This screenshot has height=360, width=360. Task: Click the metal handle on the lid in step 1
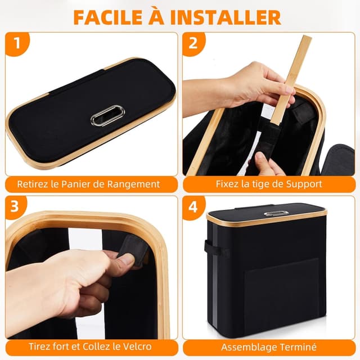coord(108,115)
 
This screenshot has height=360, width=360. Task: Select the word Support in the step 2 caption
coord(304,184)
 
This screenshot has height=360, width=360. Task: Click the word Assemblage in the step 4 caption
coord(246,347)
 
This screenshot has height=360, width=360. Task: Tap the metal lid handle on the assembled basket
coord(273,213)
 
